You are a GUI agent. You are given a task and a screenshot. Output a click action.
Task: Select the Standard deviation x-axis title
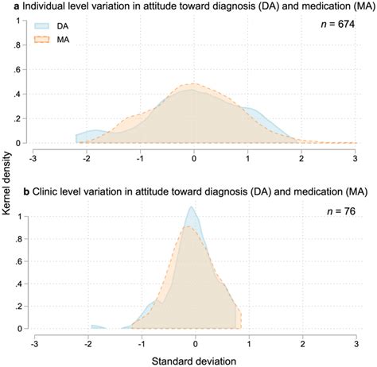point(193,358)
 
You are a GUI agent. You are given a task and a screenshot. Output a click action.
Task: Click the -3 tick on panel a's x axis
point(33,156)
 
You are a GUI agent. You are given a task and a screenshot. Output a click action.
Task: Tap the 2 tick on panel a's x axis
point(301,156)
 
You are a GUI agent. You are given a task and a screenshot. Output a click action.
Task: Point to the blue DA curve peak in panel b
point(192,208)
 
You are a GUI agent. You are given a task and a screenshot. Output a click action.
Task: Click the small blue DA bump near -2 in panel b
point(96,326)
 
